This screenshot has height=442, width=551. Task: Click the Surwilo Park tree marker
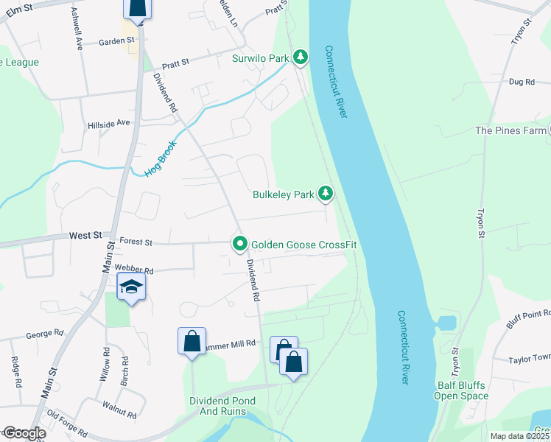[x=301, y=57]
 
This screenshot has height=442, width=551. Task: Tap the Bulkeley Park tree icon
[x=326, y=194]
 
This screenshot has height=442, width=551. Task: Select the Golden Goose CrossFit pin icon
[x=239, y=244]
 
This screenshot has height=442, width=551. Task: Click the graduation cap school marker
[x=130, y=288]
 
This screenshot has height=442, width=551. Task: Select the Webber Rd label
[x=133, y=270]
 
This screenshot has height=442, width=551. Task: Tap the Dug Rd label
[x=521, y=82]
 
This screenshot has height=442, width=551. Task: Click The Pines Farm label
[x=510, y=130]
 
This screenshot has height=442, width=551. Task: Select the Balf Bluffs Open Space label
[x=460, y=389]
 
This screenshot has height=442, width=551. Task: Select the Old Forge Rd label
[x=68, y=429]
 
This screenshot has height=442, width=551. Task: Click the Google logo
[x=24, y=433]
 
